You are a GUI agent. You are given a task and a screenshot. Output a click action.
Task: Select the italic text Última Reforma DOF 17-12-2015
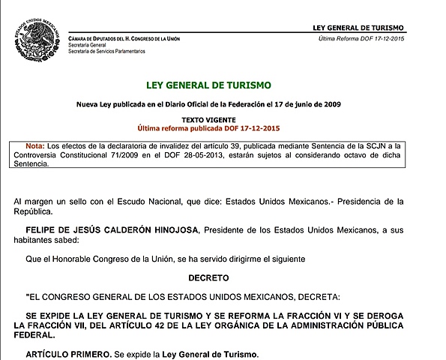click(x=371, y=38)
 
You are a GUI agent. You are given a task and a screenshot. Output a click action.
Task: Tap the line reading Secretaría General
click(x=87, y=45)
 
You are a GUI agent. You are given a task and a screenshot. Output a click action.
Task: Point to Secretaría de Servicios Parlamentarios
click(x=106, y=52)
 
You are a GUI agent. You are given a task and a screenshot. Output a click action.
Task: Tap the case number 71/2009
click(x=154, y=154)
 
